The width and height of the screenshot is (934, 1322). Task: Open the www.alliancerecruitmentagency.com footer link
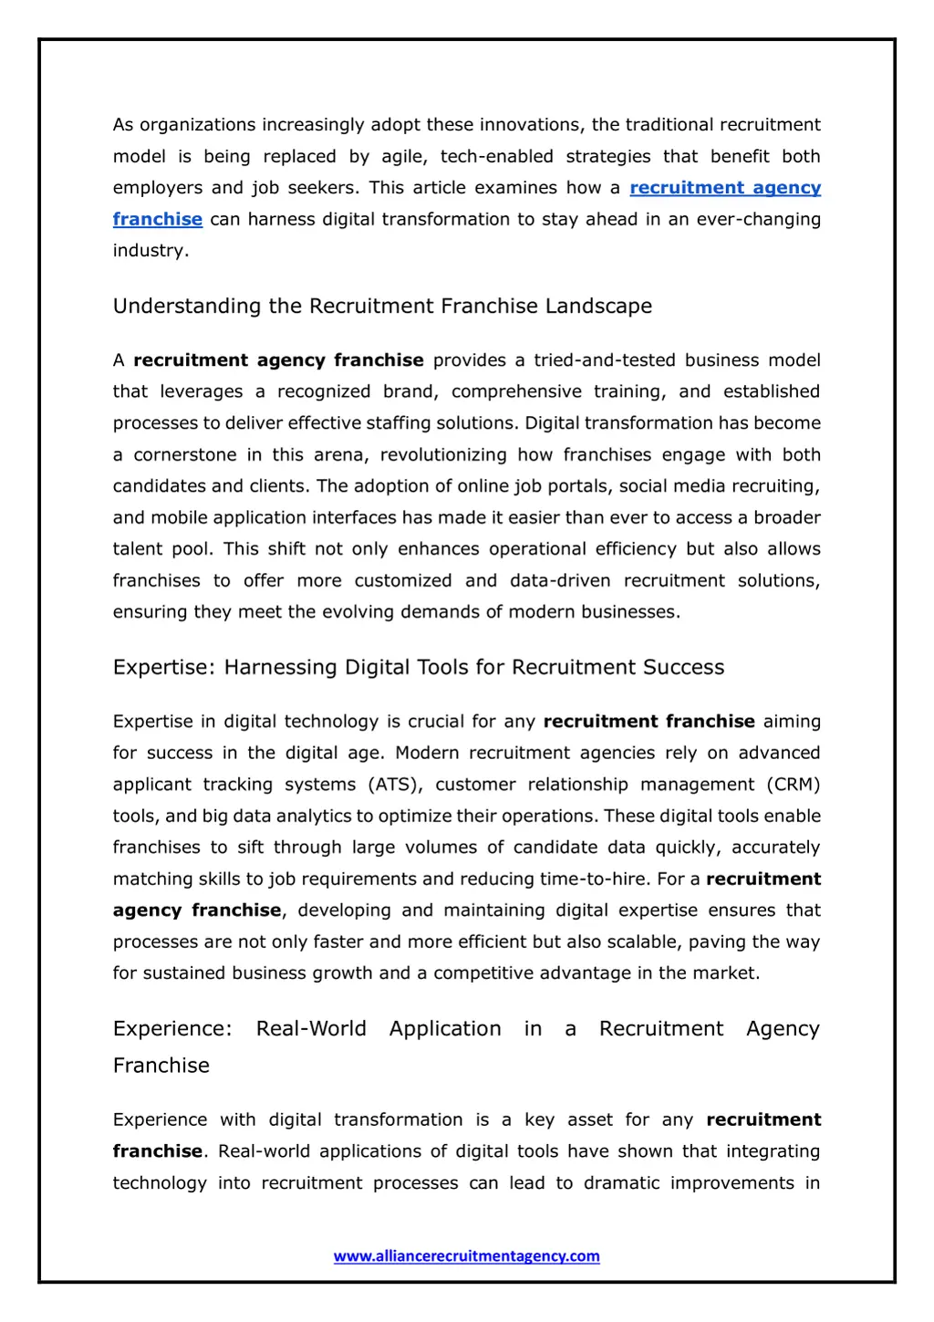coord(466,1256)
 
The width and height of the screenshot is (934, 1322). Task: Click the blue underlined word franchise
coord(158,219)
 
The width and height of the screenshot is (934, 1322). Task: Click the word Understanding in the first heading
coord(187,307)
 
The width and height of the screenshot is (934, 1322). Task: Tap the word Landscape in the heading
coord(598,307)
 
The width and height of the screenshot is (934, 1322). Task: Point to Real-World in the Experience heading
coord(311,1029)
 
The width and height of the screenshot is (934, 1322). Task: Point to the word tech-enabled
coord(496,157)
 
